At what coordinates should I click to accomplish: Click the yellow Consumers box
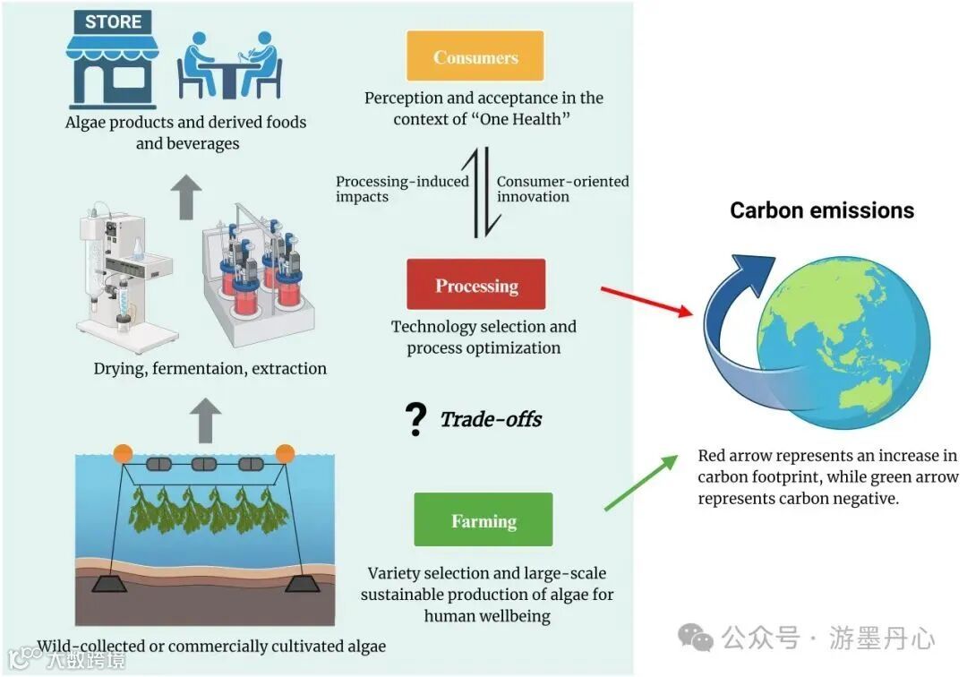pos(475,56)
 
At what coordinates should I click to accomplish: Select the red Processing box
pos(475,286)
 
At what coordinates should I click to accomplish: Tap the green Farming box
pos(483,520)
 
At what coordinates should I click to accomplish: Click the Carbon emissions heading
pos(821,210)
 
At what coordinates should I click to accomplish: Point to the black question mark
pos(415,419)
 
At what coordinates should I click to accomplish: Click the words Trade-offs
pos(491,419)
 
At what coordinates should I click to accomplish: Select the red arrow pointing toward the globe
pos(646,301)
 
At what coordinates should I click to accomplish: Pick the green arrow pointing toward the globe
pos(641,484)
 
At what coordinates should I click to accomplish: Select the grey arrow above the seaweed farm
pos(207,417)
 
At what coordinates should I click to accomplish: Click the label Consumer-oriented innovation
pos(562,189)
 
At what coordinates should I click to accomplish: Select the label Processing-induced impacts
pos(402,189)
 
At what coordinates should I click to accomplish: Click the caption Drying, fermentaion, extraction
pos(210,368)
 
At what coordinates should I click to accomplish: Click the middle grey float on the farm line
pos(204,465)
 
